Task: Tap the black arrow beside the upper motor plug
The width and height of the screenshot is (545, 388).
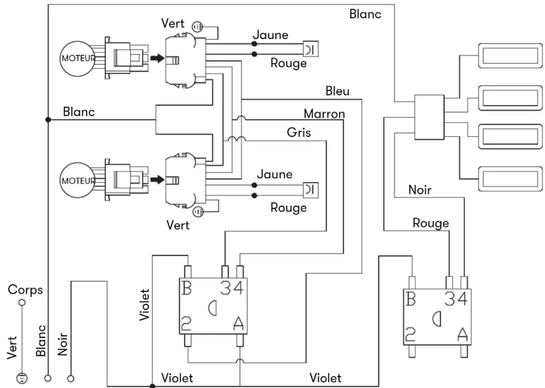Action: coord(157,58)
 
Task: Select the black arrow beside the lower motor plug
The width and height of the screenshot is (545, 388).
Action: coord(157,180)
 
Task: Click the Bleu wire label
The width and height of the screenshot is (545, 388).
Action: coord(337,91)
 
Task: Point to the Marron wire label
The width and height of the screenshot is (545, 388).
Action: coord(324,114)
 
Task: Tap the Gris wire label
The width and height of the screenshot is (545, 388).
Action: coord(299,132)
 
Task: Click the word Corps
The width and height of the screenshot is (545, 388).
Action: coord(25,290)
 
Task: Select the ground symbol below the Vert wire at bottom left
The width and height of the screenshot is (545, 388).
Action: coord(22,379)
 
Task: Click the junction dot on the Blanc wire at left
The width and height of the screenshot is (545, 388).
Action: coord(48,120)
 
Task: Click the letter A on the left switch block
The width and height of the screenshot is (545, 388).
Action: coord(238,323)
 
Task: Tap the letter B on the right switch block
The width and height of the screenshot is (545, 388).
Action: coord(411,299)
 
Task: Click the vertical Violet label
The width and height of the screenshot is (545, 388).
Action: coord(144,305)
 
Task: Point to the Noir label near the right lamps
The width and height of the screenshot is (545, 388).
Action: coord(420,190)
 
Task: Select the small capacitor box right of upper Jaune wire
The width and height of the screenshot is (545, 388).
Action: coord(310,49)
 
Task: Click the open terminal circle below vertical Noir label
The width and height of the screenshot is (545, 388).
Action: coord(71,379)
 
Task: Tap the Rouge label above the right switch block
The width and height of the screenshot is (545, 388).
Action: coord(431,223)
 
